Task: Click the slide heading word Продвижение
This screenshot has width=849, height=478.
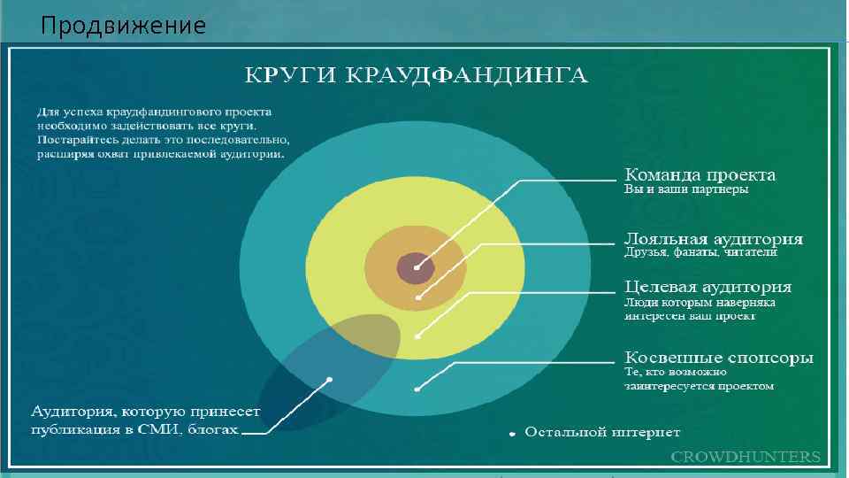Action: (x=123, y=27)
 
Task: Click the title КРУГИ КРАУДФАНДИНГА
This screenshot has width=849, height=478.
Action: (x=416, y=74)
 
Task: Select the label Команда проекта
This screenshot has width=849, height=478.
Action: (x=700, y=175)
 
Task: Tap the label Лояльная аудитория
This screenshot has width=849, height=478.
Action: (x=714, y=239)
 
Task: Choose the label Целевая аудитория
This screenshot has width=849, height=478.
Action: (x=707, y=288)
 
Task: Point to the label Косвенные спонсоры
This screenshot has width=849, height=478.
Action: (x=719, y=358)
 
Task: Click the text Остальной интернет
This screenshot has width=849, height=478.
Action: (x=602, y=433)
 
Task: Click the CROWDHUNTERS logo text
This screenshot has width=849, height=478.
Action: (x=746, y=457)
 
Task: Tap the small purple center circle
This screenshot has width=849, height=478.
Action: (x=415, y=266)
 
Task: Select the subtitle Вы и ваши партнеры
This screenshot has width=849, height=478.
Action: (x=686, y=189)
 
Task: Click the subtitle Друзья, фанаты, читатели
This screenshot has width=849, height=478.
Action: (x=700, y=253)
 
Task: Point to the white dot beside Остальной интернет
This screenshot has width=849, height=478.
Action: (x=511, y=434)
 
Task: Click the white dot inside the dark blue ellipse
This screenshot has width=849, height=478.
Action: (x=329, y=380)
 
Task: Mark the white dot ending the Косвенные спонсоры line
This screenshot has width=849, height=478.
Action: (x=417, y=389)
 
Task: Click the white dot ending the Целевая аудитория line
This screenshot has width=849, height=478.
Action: (x=417, y=336)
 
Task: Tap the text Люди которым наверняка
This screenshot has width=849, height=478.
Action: (x=700, y=302)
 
